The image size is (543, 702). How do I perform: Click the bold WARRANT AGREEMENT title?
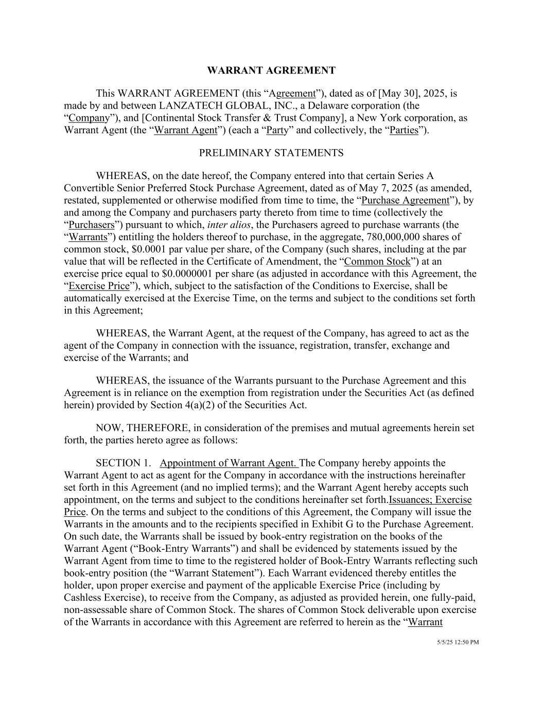(x=271, y=70)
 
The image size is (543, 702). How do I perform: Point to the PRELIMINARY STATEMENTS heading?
(x=271, y=153)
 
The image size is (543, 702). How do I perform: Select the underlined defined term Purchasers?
(x=91, y=225)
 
